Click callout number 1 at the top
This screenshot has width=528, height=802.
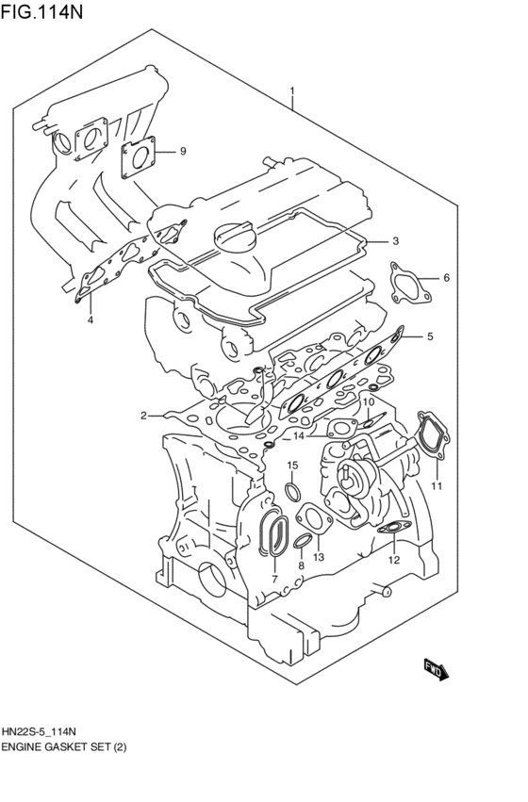pyautogui.click(x=292, y=92)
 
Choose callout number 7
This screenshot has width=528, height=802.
pyautogui.click(x=273, y=578)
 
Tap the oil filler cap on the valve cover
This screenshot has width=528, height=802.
pyautogui.click(x=236, y=236)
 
